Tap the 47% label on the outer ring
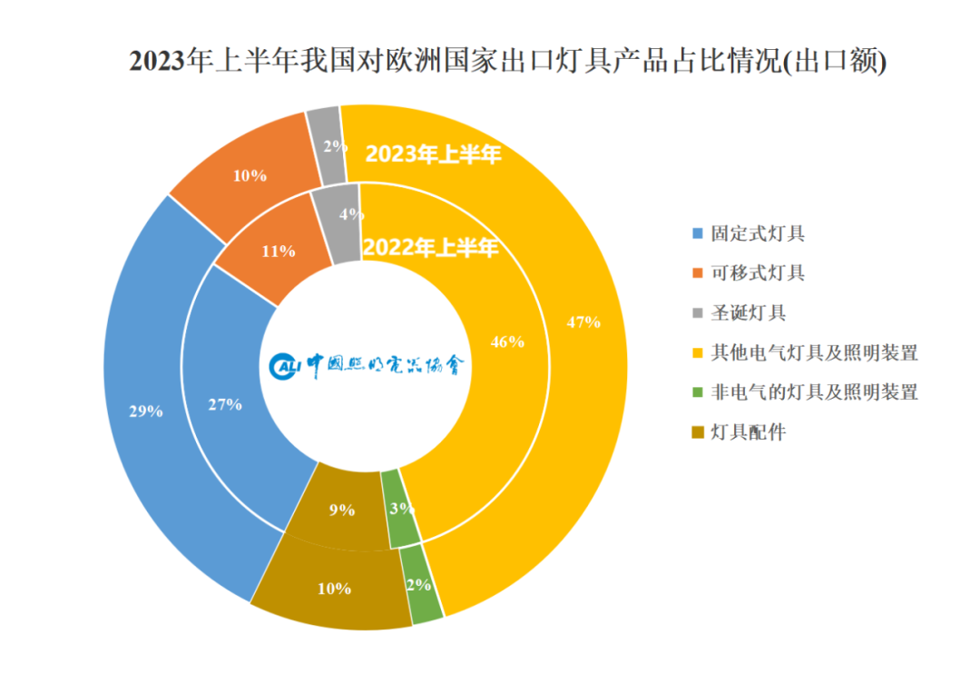tap(583, 321)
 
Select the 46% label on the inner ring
tap(507, 342)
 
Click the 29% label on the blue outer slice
tap(145, 411)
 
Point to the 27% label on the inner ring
tap(225, 404)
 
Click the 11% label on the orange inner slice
tap(279, 251)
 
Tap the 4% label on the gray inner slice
tap(351, 215)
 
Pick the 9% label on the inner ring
tap(341, 510)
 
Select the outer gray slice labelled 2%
tap(328, 145)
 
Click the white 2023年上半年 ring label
tap(433, 154)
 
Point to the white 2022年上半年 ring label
tap(430, 246)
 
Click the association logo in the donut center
tap(368, 365)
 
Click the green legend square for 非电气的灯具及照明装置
tap(697, 392)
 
